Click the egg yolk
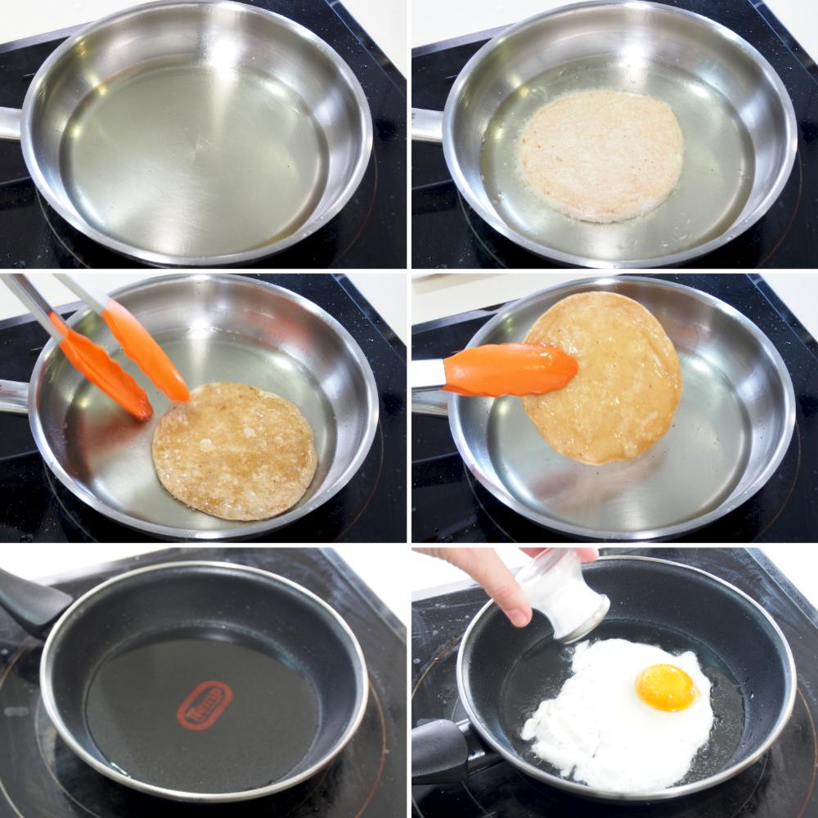coord(666,686)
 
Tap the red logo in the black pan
coord(204,705)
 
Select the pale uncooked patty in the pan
coord(601,155)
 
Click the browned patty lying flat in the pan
coord(234,450)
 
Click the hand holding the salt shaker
coord(491,577)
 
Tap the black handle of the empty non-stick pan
coord(29,601)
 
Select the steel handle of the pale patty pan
coord(425,125)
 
